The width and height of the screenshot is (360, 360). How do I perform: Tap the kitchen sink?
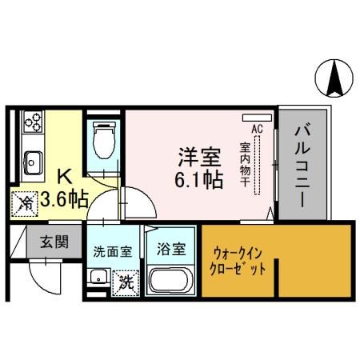[x=33, y=159]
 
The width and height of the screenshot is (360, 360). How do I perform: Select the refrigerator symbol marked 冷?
[x=26, y=203]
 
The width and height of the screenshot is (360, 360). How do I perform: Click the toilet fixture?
[x=103, y=142]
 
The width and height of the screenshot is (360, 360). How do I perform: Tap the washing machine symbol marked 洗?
[x=125, y=281]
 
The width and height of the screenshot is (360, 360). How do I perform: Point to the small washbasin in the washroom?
[x=98, y=279]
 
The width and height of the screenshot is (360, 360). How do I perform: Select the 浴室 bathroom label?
[x=173, y=249]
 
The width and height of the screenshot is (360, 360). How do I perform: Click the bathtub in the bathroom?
[x=173, y=281]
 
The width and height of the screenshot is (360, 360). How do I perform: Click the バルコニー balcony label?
[x=303, y=165]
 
